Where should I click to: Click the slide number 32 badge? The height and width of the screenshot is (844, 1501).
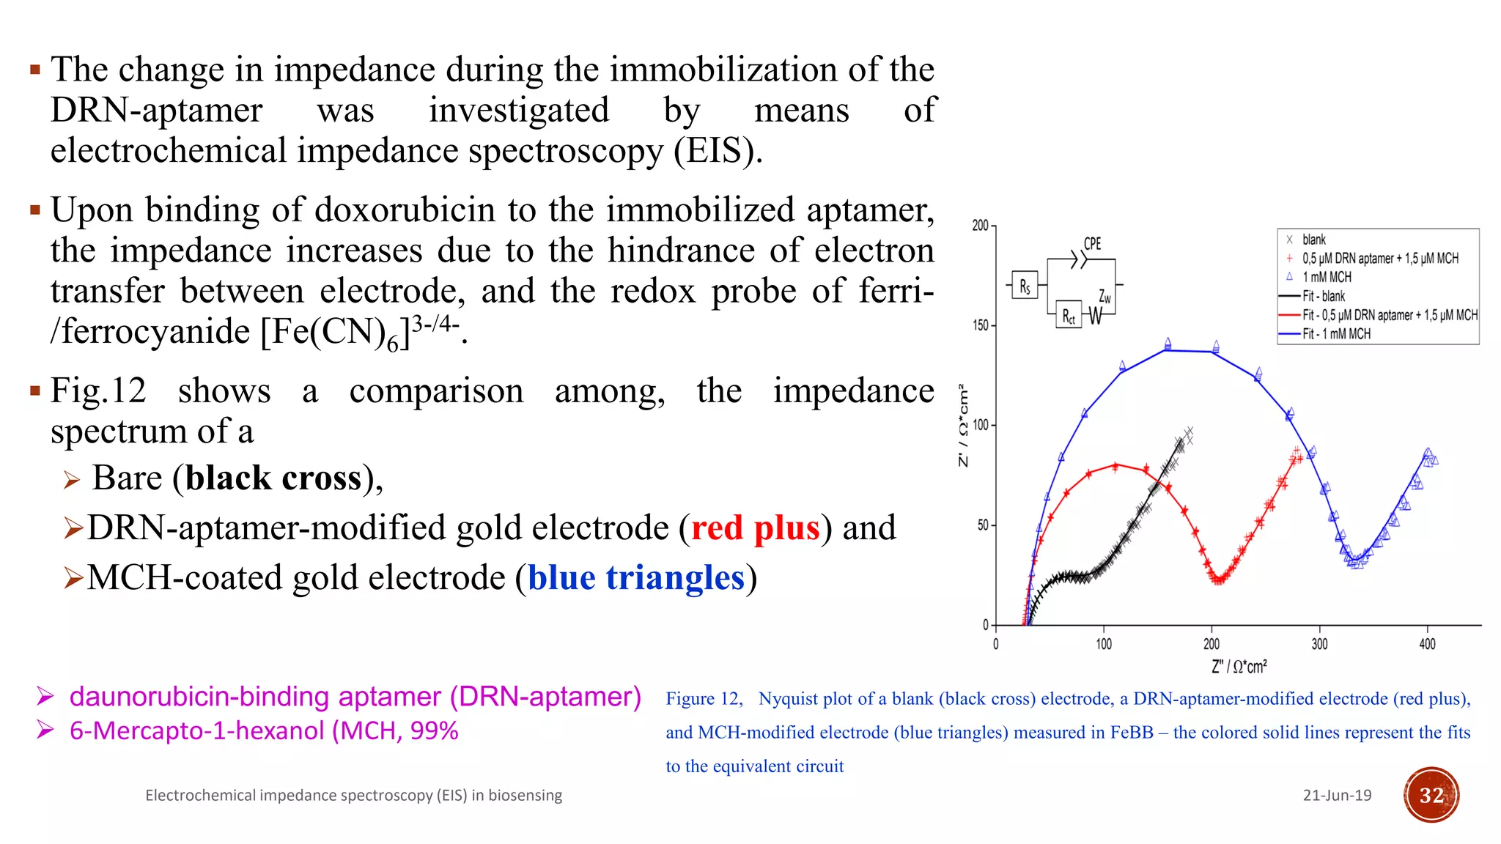click(x=1431, y=795)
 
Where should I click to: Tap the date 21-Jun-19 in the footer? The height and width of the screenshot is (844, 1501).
click(x=1337, y=796)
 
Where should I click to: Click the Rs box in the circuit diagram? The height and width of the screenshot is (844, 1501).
click(x=1024, y=286)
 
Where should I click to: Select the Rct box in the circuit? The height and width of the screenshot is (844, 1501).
click(x=1068, y=316)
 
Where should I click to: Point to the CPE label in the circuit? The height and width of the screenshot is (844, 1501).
click(x=1092, y=244)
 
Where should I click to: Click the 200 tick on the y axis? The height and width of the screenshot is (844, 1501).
click(x=980, y=226)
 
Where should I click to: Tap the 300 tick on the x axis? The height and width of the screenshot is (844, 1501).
click(x=1319, y=644)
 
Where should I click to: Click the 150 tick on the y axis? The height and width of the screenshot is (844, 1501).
click(x=980, y=325)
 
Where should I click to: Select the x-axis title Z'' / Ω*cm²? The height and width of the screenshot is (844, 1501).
click(x=1239, y=667)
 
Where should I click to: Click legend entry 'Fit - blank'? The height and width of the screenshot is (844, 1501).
click(x=1323, y=296)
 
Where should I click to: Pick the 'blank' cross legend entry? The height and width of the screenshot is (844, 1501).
click(x=1313, y=240)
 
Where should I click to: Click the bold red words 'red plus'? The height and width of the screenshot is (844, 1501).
click(x=755, y=527)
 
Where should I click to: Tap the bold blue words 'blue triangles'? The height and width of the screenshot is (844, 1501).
click(x=636, y=577)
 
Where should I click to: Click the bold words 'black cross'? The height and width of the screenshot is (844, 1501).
click(x=273, y=478)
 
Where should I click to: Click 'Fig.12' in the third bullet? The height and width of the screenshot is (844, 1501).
click(x=97, y=390)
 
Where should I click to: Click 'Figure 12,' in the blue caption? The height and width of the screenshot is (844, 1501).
click(x=704, y=699)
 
